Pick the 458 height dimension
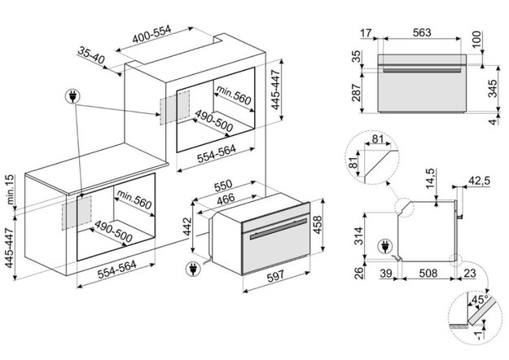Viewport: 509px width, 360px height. [x=318, y=223]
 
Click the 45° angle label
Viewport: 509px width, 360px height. [x=486, y=299]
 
